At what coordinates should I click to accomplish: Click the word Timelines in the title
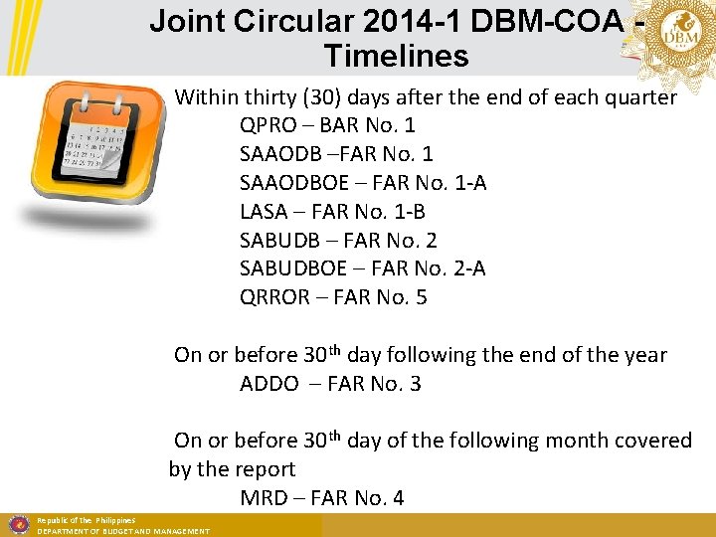tap(396, 57)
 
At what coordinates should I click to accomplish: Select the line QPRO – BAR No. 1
tap(327, 126)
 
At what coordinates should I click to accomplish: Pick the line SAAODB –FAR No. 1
tap(336, 155)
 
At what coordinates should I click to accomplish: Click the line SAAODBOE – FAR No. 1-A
tap(363, 184)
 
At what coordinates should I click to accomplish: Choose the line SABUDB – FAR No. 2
tap(338, 241)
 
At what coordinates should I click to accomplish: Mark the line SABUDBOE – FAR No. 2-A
tap(363, 268)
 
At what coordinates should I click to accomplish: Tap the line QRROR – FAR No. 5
tap(333, 297)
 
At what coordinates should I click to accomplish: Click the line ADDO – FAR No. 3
tap(330, 384)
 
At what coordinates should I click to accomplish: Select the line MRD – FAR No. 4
tap(322, 498)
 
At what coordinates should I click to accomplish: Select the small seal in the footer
tap(17, 524)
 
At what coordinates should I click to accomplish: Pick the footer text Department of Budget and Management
tap(123, 532)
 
